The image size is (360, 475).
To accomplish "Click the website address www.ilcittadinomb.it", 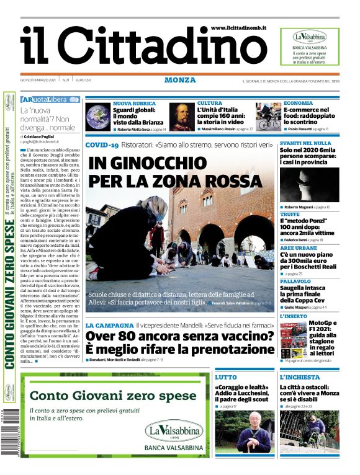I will click(x=239, y=28).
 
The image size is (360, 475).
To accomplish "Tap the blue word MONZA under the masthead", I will click(x=180, y=80).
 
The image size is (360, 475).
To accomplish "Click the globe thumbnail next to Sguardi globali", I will click(x=97, y=117).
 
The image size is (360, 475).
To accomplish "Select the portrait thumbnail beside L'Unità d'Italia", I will click(x=182, y=117).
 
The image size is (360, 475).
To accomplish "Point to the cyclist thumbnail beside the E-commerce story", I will click(x=269, y=117).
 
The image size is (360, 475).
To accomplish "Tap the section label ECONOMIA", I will click(x=298, y=104).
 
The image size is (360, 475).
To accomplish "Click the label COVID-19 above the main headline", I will click(x=102, y=145).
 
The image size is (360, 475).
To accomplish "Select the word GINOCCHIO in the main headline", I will click(x=152, y=164).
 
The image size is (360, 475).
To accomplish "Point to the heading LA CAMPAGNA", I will click(x=109, y=325).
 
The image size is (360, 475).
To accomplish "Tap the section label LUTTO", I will click(x=225, y=377).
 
